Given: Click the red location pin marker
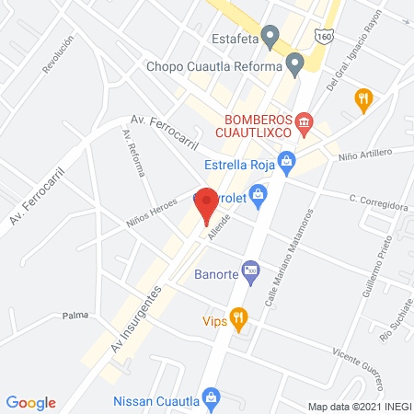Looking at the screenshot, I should pos(207,203).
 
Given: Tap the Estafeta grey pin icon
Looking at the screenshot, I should pos(270,38).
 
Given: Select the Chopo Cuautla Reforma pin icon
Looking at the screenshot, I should pos(295,65).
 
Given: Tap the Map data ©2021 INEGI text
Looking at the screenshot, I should pos(358,406).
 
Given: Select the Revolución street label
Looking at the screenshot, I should pos(57,56).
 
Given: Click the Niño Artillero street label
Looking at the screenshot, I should pos(365,153).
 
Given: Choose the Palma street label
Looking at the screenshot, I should pos(75,315).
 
